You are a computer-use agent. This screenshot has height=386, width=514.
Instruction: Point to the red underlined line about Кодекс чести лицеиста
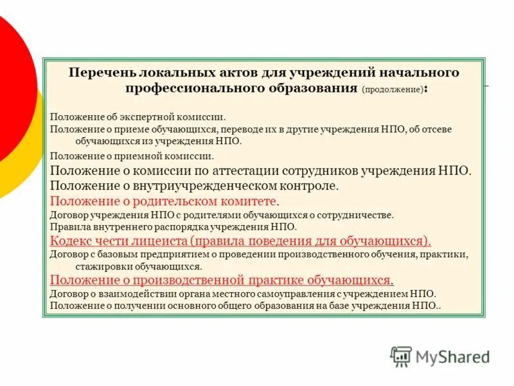(x=240, y=241)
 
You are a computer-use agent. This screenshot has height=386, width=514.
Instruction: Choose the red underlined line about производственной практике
(x=221, y=280)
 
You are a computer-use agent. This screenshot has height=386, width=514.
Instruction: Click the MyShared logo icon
(x=401, y=356)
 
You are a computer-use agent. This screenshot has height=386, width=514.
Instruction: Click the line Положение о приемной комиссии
(x=132, y=156)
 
